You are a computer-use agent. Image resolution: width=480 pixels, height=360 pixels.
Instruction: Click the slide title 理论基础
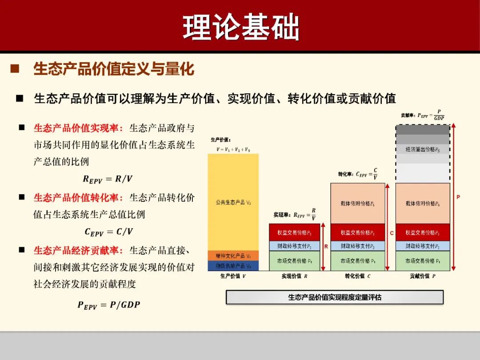click(x=240, y=28)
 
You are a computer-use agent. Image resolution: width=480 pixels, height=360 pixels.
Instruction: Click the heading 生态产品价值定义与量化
click(x=114, y=69)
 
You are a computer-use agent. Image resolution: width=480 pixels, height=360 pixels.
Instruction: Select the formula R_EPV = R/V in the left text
click(x=108, y=179)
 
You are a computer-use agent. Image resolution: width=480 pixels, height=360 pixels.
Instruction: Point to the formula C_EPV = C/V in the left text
click(x=108, y=232)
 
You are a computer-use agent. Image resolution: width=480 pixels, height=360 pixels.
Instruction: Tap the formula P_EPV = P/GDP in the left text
click(x=108, y=305)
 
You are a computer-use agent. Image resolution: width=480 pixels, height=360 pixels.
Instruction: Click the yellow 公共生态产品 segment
click(x=233, y=202)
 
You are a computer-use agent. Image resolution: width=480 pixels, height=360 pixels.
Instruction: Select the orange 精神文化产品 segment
click(x=233, y=256)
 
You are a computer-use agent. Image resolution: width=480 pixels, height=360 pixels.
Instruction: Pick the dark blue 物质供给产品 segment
click(x=233, y=266)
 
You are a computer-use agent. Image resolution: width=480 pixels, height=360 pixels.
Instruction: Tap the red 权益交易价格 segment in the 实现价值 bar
click(x=294, y=232)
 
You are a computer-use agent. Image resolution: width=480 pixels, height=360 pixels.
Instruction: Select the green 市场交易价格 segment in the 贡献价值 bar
click(x=423, y=261)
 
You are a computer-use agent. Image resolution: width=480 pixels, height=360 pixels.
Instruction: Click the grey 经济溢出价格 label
click(x=423, y=149)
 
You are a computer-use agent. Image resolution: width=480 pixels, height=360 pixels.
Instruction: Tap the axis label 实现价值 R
click(x=294, y=276)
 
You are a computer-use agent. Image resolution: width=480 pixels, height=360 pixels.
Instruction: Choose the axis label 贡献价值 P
click(x=423, y=276)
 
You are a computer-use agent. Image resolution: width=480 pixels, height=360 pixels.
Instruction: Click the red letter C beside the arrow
click(x=392, y=233)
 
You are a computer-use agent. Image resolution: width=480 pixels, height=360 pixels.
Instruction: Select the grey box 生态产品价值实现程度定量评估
click(x=335, y=297)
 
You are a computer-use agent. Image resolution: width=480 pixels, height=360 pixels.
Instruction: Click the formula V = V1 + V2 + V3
click(x=233, y=150)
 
